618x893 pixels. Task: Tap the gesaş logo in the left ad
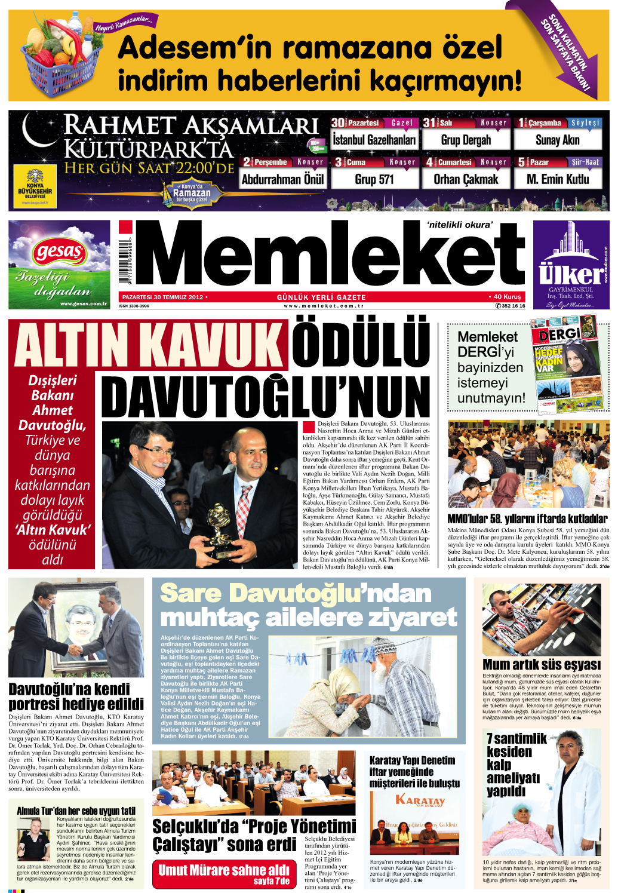point(59,251)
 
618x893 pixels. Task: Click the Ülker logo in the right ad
point(570,274)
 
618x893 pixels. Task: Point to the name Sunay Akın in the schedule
point(557,140)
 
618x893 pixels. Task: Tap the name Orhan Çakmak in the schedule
point(466,179)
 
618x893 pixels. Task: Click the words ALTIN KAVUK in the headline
point(149,345)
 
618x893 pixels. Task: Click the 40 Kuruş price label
point(507,297)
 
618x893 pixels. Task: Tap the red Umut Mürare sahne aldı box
point(224,873)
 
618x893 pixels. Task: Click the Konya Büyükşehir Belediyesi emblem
point(35,186)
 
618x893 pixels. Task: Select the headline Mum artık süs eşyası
point(541,664)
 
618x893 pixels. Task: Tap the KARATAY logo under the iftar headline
point(420,800)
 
